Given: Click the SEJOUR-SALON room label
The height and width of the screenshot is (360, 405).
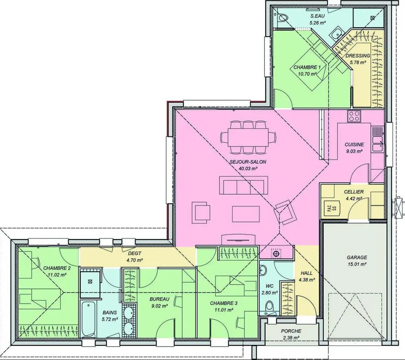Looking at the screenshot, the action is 248,162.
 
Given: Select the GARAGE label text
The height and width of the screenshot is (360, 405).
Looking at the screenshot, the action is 357,258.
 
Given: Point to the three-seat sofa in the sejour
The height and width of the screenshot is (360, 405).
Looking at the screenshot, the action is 244,185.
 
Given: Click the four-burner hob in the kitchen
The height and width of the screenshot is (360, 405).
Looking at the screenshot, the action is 354,116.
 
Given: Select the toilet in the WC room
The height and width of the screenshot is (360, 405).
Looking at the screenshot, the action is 270,306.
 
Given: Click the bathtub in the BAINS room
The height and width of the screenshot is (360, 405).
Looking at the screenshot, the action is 88,319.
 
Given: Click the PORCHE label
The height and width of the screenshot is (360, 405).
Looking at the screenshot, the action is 291,331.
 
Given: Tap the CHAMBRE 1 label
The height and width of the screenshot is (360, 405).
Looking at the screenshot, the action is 307,67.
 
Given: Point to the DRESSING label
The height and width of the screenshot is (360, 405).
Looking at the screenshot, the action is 358,56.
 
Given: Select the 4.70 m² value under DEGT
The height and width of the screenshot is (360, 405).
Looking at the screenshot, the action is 135,260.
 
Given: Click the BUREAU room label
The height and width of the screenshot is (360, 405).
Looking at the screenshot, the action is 160,299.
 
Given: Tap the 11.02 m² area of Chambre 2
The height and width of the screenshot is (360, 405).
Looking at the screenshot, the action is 57,275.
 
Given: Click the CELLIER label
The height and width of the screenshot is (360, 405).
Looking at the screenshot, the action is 354,192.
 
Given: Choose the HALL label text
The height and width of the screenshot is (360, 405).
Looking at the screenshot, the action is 306,273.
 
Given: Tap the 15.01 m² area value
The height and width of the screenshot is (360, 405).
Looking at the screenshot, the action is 357,264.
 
